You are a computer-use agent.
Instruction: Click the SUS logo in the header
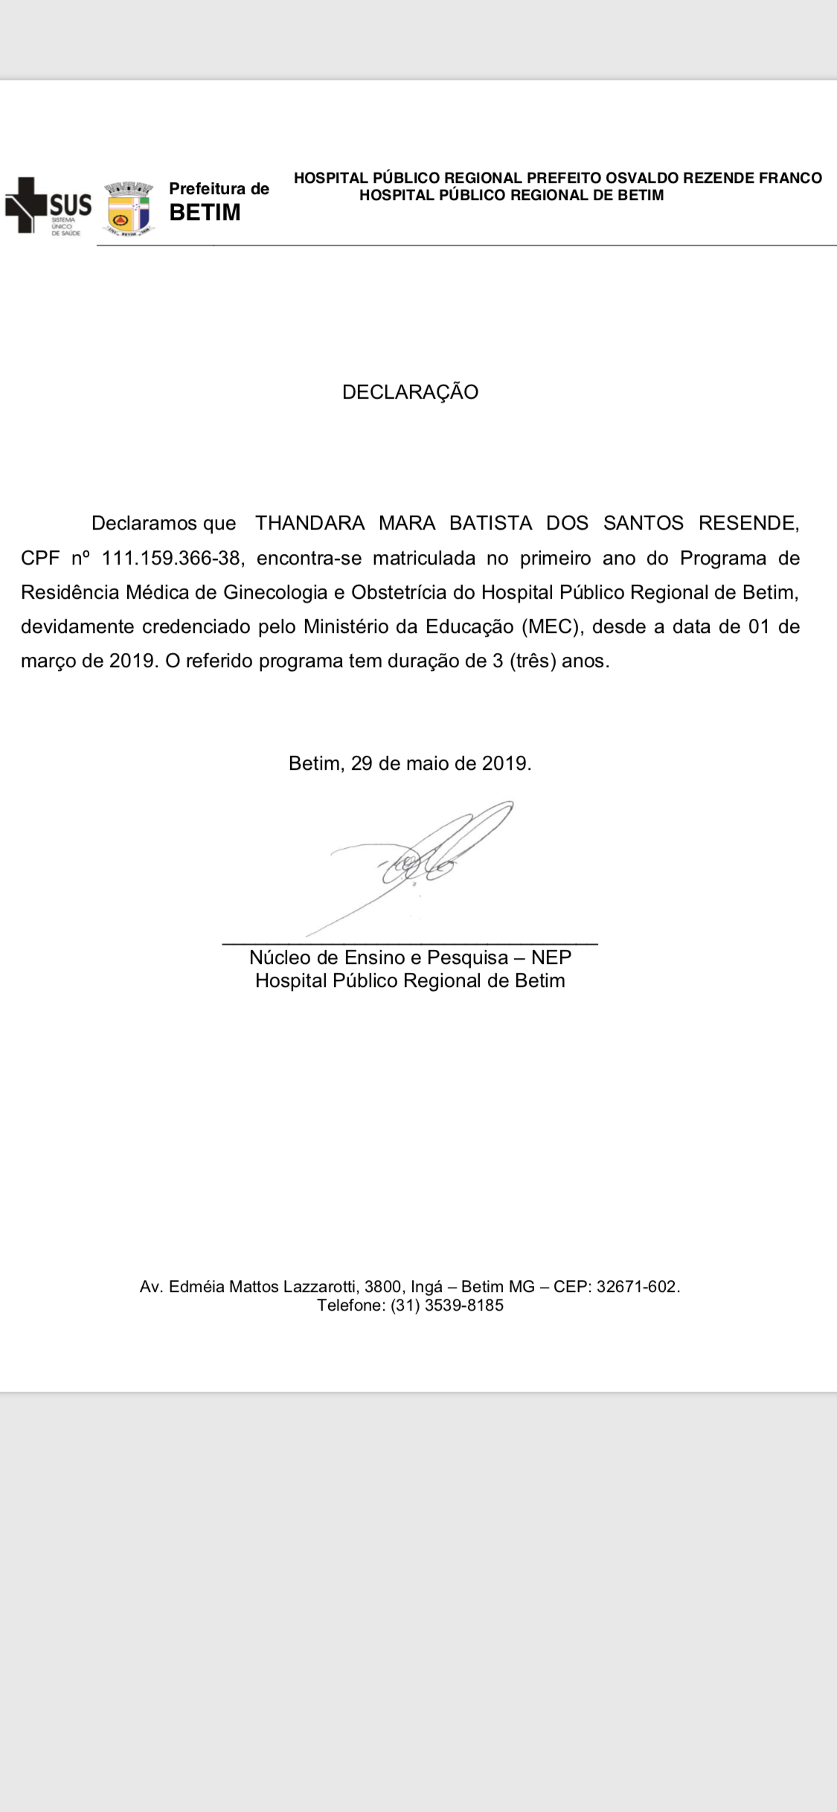49,206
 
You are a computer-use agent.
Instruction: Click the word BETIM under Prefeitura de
205,213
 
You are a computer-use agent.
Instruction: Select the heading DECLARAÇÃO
410,392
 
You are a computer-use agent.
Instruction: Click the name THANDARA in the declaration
310,523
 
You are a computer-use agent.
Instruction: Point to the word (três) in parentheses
533,661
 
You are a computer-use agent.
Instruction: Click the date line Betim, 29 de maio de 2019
410,763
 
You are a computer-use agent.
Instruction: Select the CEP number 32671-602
637,1286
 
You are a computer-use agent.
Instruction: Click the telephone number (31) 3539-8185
446,1305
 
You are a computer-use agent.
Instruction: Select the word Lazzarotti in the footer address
318,1286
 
